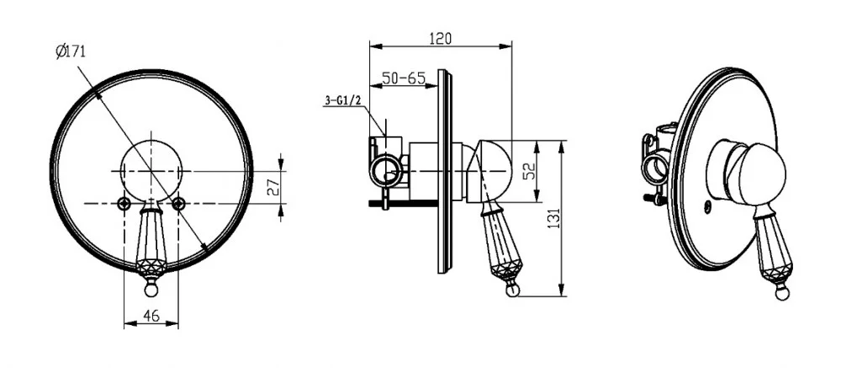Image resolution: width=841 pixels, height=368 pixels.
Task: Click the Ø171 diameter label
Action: [x=71, y=52]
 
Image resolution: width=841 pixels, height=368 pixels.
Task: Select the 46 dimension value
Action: [x=151, y=316]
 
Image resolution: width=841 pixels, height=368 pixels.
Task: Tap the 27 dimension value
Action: [x=273, y=187]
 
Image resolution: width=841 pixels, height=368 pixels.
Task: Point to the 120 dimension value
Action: [x=441, y=39]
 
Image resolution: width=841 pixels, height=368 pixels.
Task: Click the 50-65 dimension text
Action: [x=404, y=78]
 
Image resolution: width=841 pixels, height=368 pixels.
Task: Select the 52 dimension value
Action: [x=528, y=172]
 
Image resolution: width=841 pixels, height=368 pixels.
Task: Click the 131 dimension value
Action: [x=554, y=218]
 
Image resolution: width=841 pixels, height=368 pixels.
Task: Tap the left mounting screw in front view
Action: [x=124, y=203]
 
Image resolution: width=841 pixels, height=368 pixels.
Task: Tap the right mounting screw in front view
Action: [x=179, y=203]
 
